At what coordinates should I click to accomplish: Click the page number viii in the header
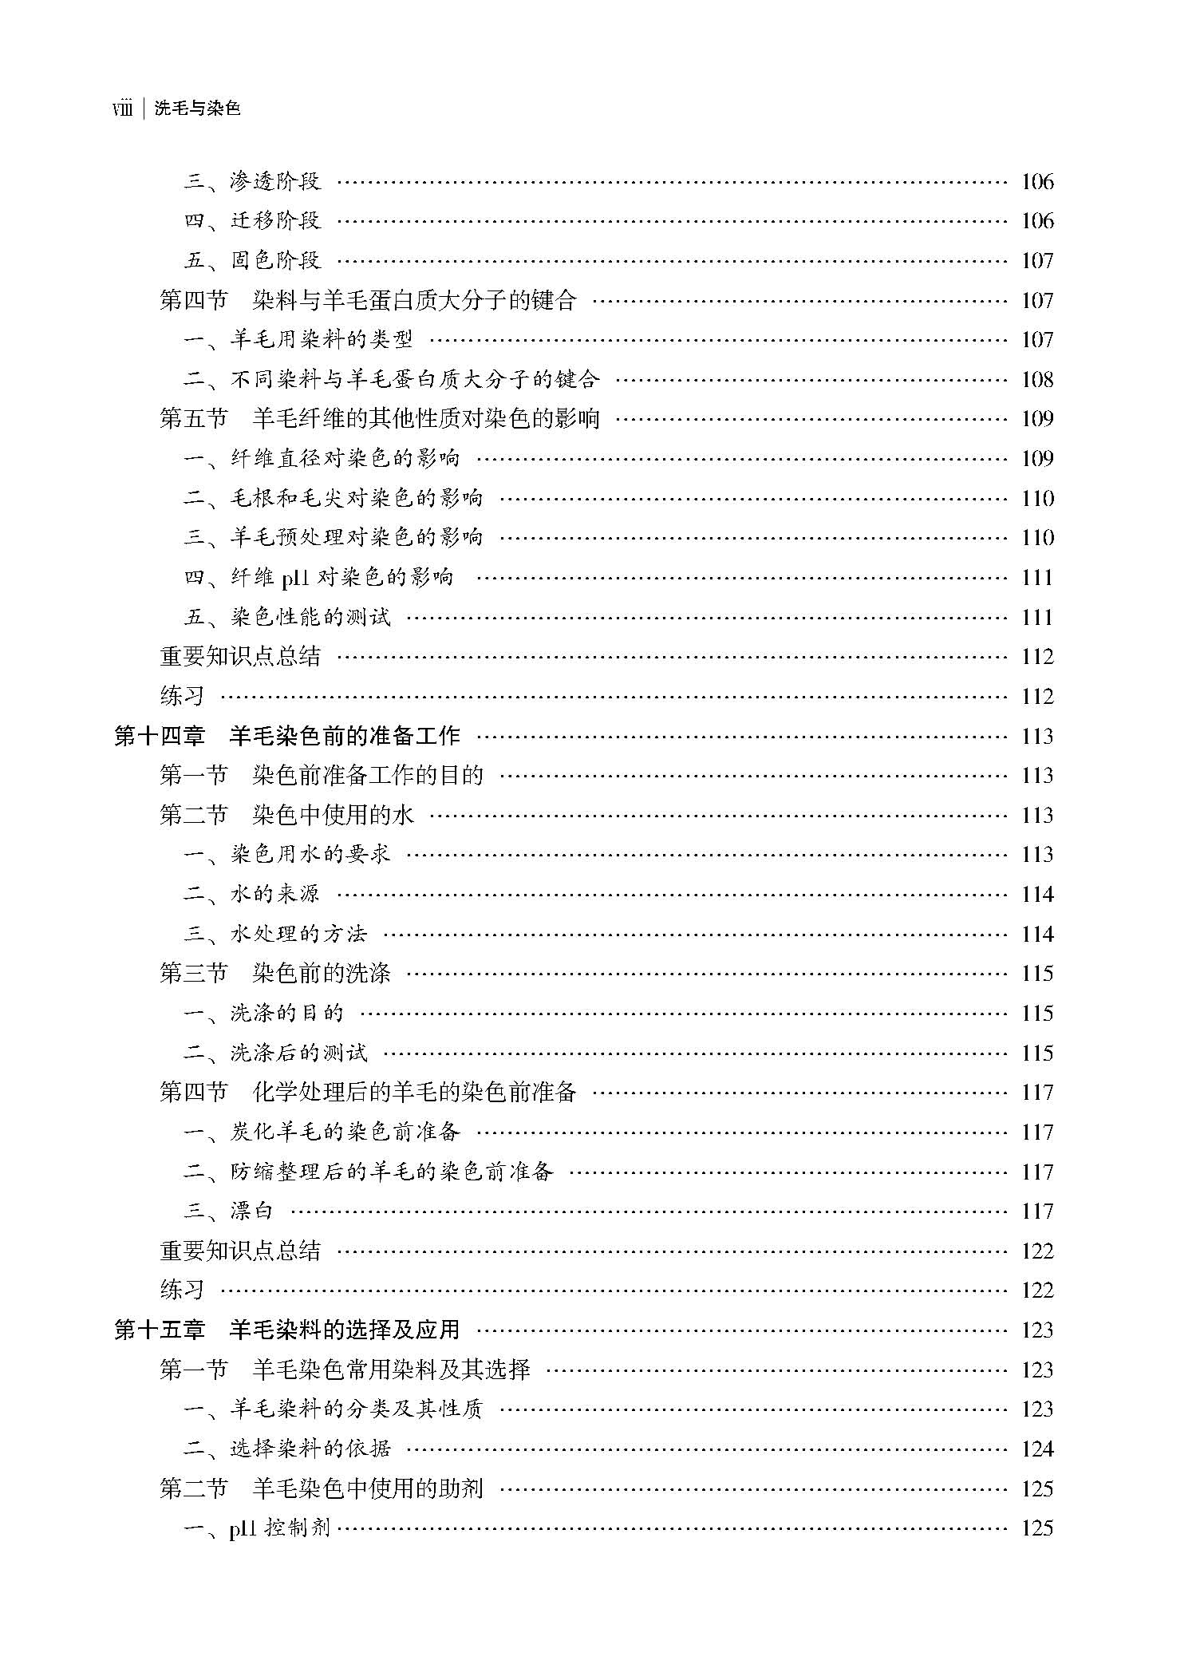coord(122,109)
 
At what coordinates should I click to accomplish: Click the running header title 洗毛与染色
coord(197,109)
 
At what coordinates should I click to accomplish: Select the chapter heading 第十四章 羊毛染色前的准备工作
coord(287,736)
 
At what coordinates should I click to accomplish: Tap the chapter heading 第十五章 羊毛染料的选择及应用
coord(287,1330)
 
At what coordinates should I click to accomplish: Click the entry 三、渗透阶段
coord(252,182)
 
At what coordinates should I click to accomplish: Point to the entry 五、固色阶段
coord(252,261)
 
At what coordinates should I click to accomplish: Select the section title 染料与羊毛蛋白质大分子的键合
coord(414,301)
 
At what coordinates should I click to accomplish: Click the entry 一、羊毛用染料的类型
coord(298,340)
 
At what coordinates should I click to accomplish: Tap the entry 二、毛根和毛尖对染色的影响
coord(333,499)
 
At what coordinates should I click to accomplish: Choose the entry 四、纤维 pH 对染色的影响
coord(318,578)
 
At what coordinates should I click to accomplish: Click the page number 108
coord(1036,380)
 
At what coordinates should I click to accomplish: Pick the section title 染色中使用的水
coord(334,815)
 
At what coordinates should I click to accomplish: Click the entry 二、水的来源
coord(252,894)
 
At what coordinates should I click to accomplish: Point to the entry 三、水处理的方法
coord(275,934)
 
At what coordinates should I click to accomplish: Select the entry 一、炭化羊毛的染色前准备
coord(322,1132)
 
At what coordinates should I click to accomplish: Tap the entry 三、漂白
coord(229,1211)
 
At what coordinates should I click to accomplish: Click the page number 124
coord(1036,1449)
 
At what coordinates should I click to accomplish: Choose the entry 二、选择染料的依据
coord(287,1449)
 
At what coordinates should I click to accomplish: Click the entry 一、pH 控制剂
coord(257,1528)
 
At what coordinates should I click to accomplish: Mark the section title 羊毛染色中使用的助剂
coord(368,1488)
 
